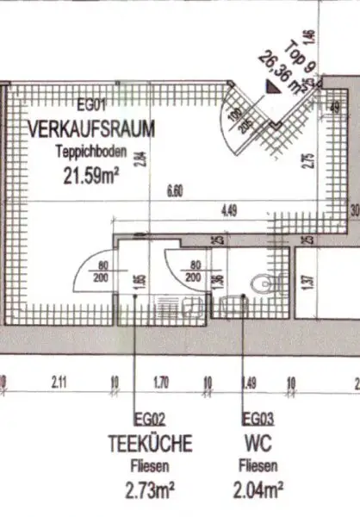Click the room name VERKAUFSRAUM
[91, 129]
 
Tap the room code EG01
[90, 108]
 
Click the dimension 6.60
[176, 191]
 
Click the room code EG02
[135, 420]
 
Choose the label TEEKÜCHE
[150, 444]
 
